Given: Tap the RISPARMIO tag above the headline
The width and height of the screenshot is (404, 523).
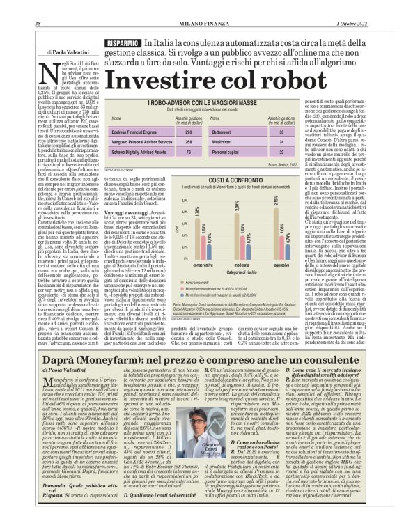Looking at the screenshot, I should (x=122, y=44).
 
